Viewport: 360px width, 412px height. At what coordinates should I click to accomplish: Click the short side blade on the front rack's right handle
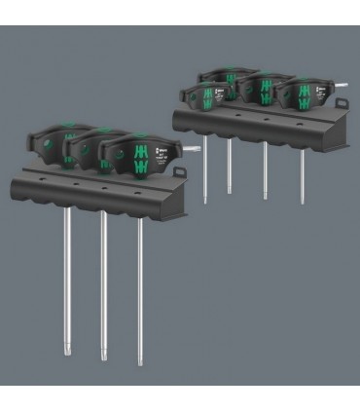pos(192,149)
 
